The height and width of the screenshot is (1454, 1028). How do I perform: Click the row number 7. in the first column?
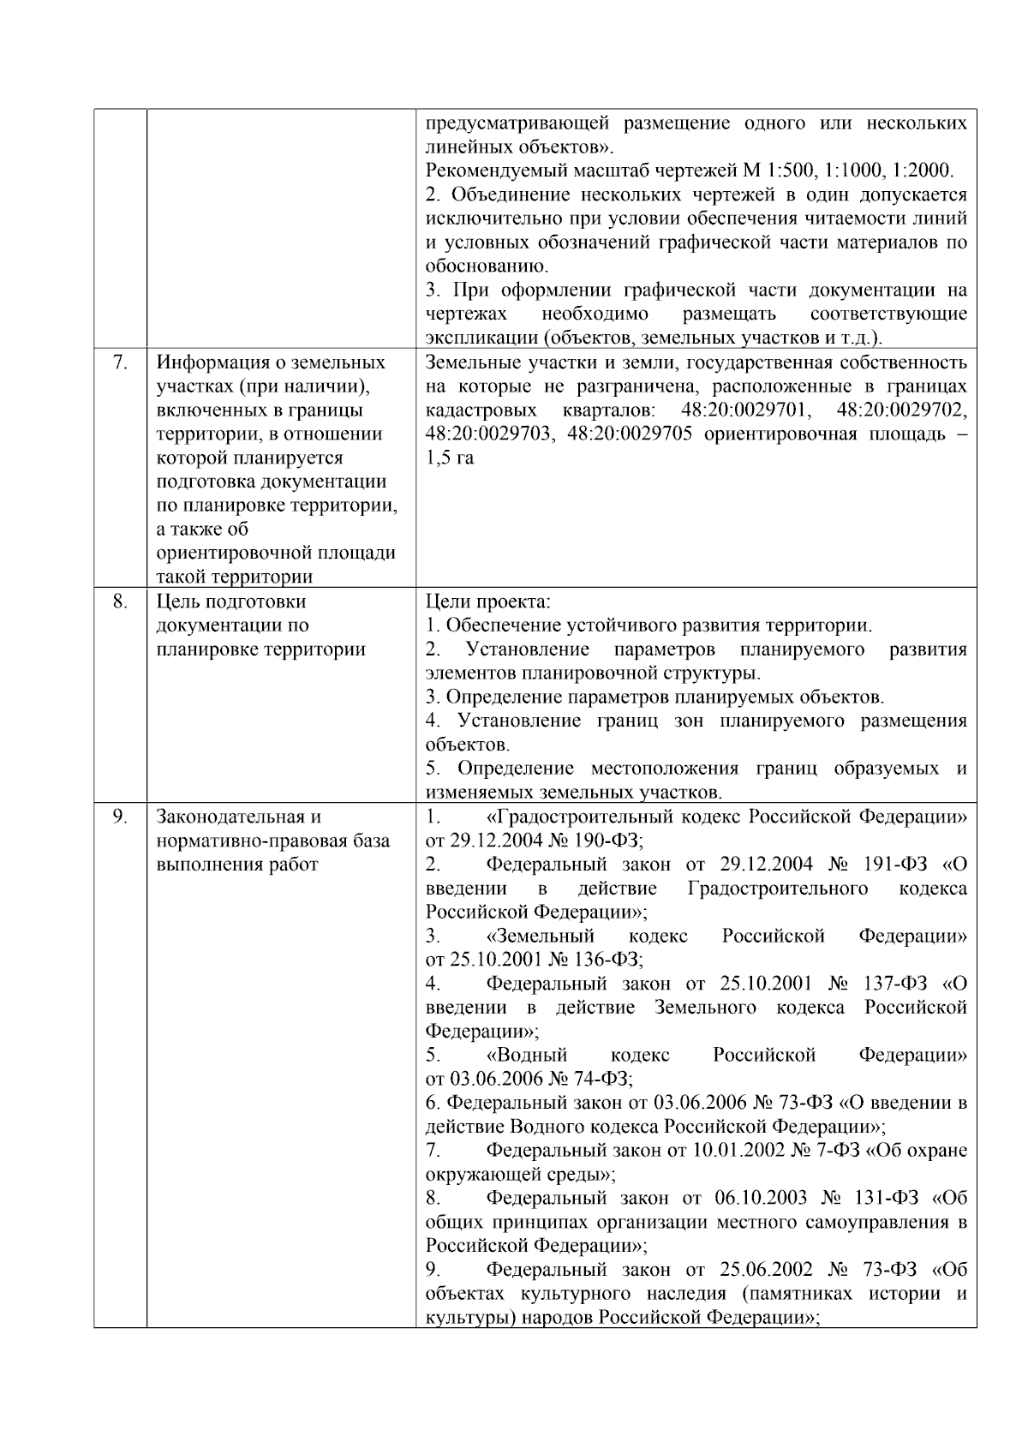[x=120, y=362]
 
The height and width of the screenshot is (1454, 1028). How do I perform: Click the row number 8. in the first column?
[x=120, y=601]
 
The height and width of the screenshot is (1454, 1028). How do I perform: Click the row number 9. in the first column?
[x=120, y=817]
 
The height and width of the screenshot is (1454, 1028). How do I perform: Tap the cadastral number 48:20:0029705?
[x=630, y=434]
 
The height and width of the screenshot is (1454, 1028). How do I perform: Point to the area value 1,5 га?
[x=450, y=458]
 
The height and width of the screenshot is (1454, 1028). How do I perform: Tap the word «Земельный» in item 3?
[x=541, y=936]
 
